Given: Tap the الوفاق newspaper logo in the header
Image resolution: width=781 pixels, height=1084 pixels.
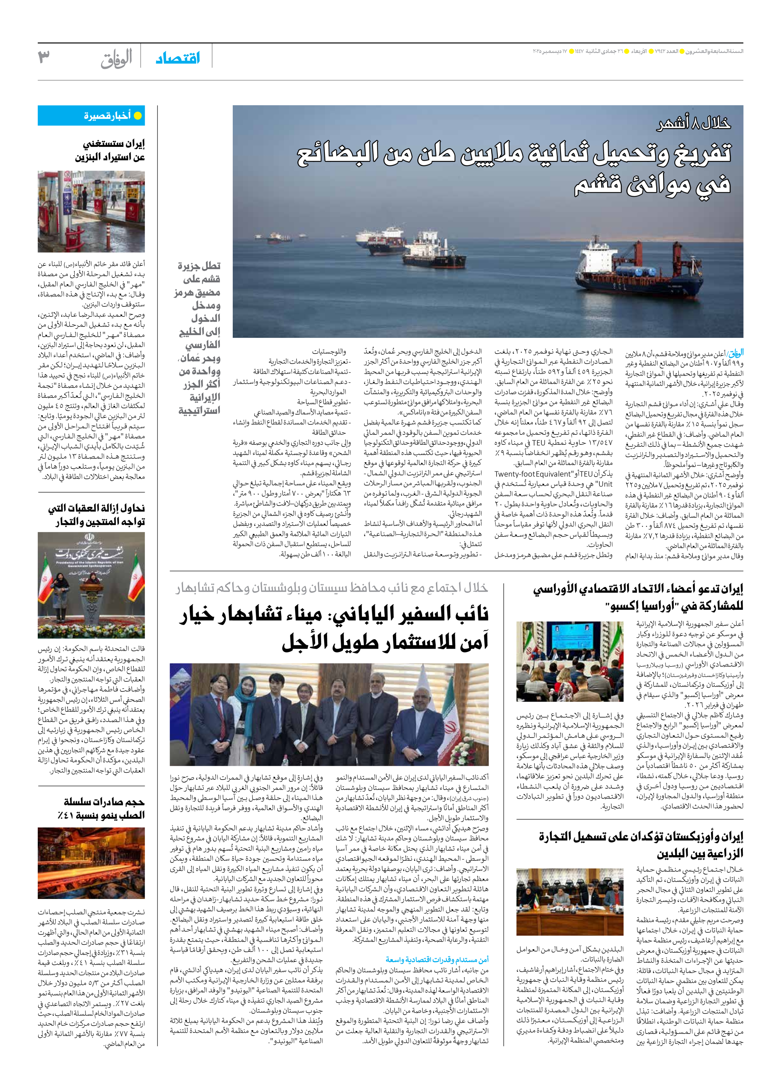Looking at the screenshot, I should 116,59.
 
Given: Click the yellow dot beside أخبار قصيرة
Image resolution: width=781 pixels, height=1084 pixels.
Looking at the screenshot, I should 137,116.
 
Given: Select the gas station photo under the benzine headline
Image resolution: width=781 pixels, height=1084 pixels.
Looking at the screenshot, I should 91,211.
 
